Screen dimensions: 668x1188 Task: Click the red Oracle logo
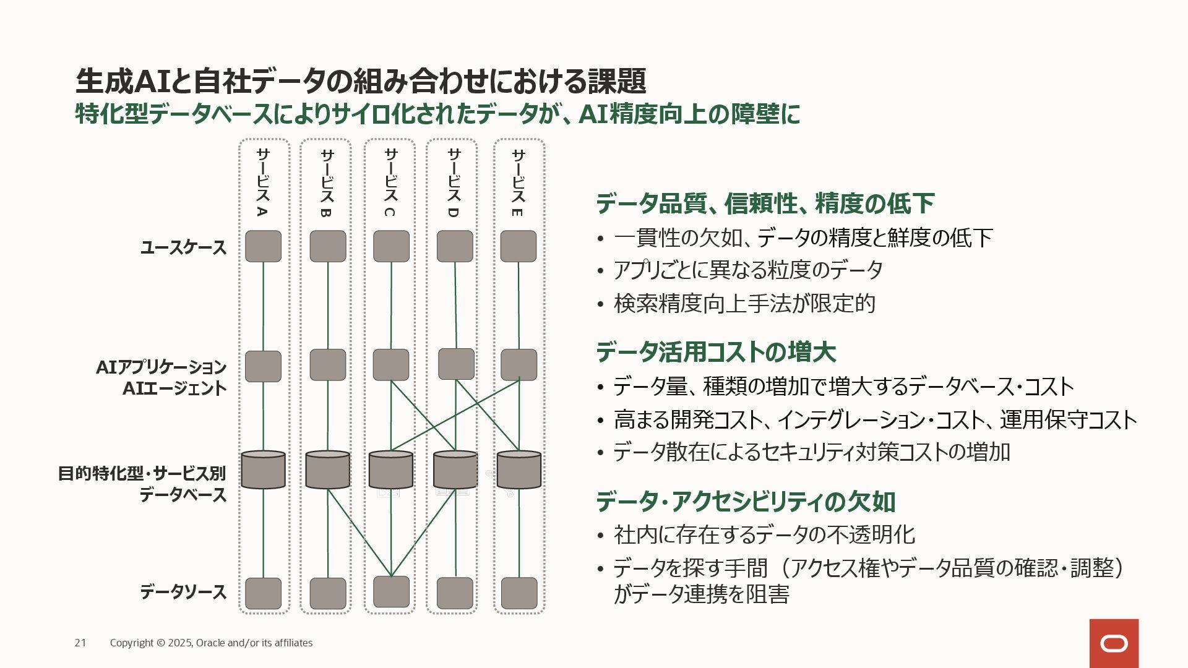pyautogui.click(x=1114, y=643)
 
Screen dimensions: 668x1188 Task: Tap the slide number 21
pyautogui.click(x=80, y=643)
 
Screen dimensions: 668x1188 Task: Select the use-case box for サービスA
pyautogui.click(x=263, y=246)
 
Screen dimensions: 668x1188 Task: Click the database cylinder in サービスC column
pyautogui.click(x=391, y=470)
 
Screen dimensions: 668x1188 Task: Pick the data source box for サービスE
pyautogui.click(x=519, y=593)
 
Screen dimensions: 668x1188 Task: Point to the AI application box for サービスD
pyautogui.click(x=456, y=364)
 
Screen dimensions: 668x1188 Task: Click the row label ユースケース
pyautogui.click(x=184, y=248)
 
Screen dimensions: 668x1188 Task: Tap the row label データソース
pyautogui.click(x=183, y=593)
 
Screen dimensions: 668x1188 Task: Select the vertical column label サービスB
pyautogui.click(x=327, y=183)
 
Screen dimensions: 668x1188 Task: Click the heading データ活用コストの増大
pyautogui.click(x=716, y=353)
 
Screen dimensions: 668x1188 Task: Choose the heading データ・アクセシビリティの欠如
pyautogui.click(x=746, y=502)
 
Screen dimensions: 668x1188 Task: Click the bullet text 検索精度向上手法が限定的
pyautogui.click(x=744, y=304)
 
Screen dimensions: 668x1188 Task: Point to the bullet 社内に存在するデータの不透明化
pyautogui.click(x=764, y=535)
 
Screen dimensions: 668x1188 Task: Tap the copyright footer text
pyautogui.click(x=211, y=643)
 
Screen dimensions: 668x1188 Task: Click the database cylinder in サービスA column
pyautogui.click(x=263, y=470)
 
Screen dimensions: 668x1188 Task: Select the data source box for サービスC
pyautogui.click(x=391, y=592)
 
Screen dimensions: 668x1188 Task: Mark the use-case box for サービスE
pyautogui.click(x=519, y=246)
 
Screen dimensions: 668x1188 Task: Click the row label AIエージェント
pyautogui.click(x=174, y=389)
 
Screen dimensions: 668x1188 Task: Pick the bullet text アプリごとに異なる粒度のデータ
pyautogui.click(x=748, y=270)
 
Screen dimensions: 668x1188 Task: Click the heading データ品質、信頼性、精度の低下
pyautogui.click(x=765, y=203)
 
